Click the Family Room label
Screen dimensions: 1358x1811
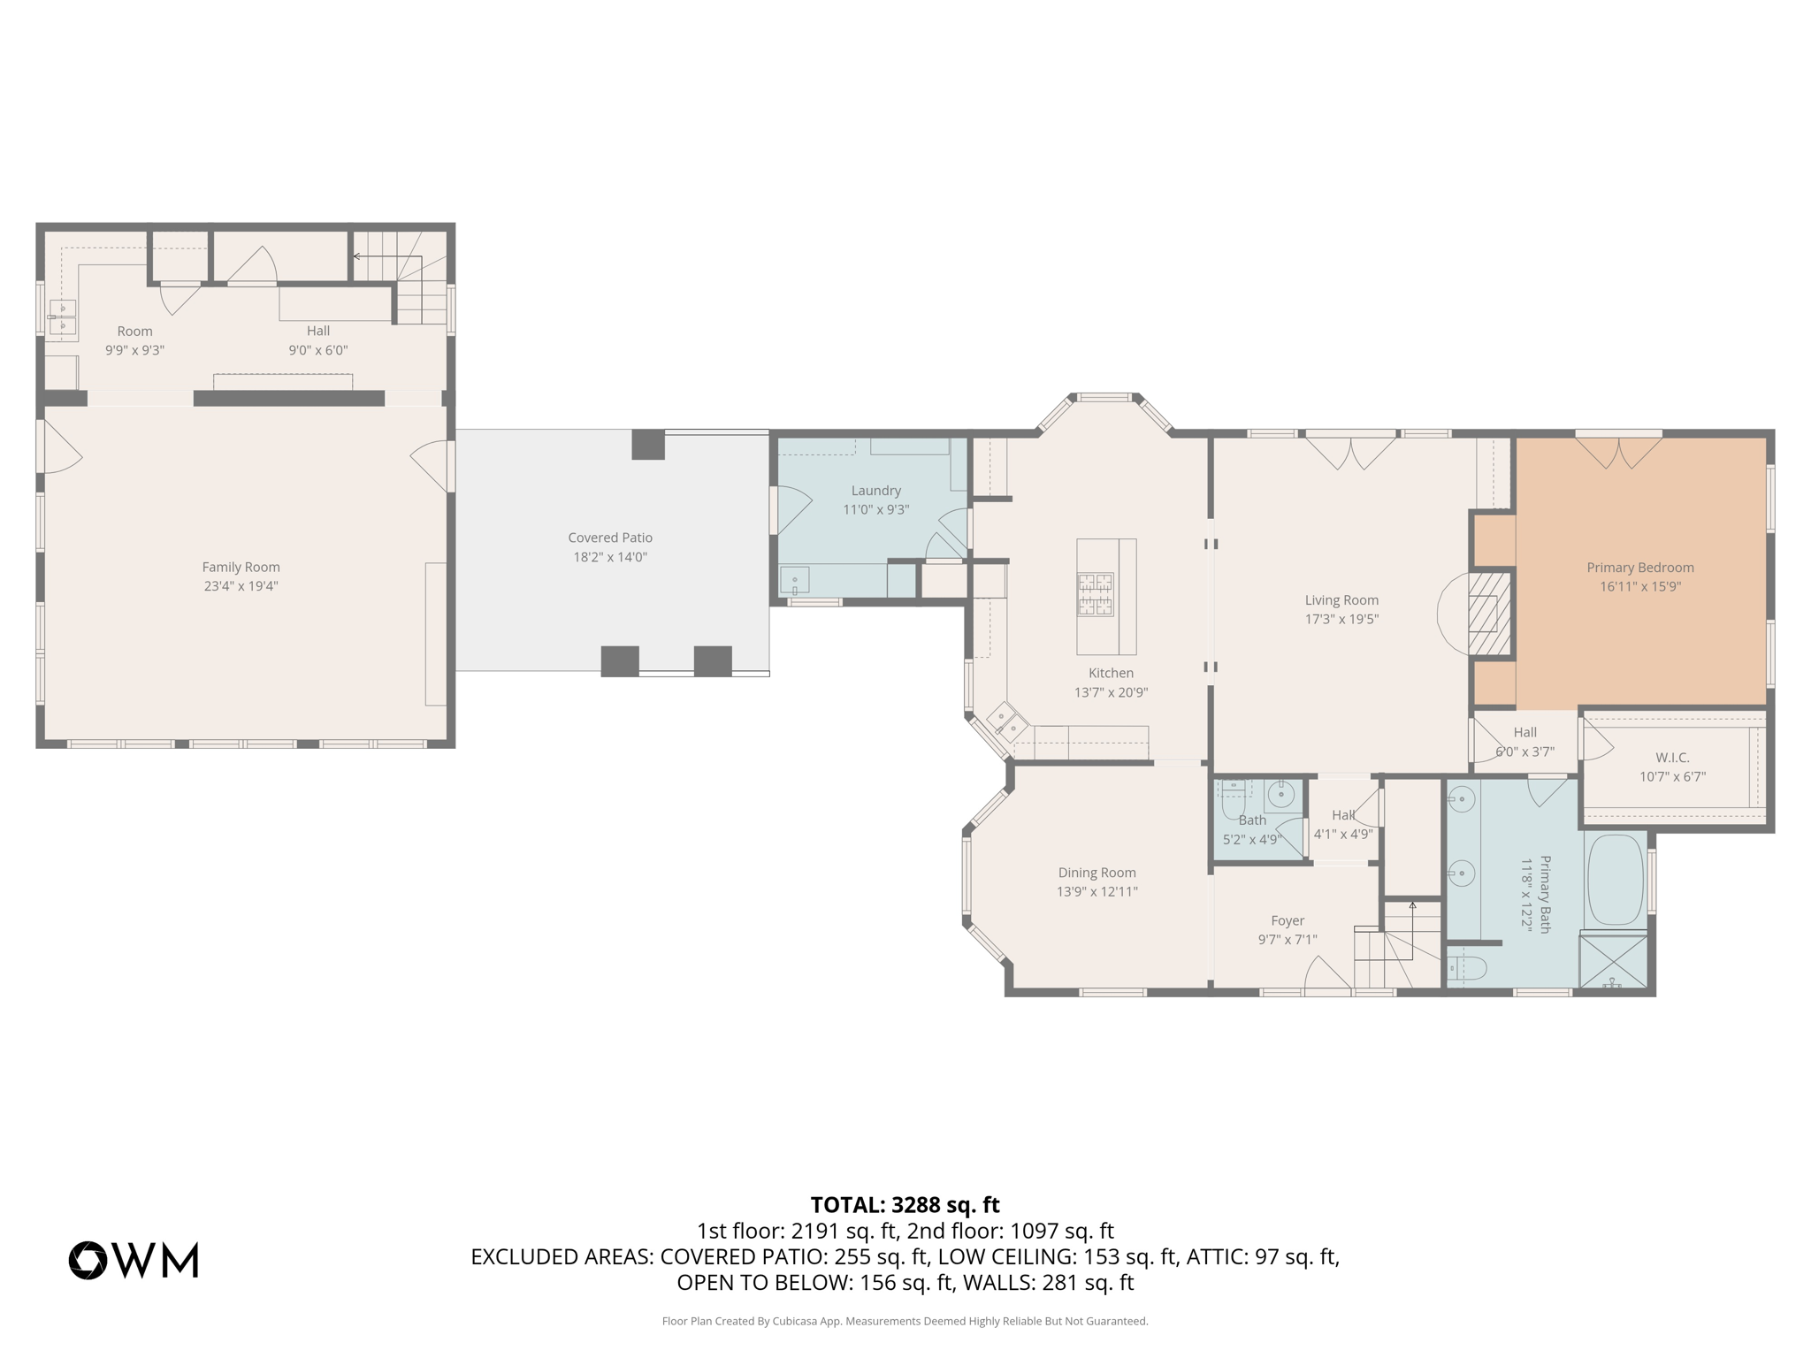[x=241, y=567]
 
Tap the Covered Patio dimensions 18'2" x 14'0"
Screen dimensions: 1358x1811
[x=610, y=557]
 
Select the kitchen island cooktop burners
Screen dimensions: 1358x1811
[x=1095, y=594]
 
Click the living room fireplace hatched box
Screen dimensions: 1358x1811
[x=1489, y=613]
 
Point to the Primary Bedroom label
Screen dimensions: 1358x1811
[x=1639, y=568]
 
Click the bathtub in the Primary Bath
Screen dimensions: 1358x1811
[x=1615, y=880]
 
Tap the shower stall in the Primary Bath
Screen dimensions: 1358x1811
[x=1614, y=961]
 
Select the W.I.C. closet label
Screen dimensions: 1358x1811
[x=1672, y=758]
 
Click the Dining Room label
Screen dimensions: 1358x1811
[x=1097, y=873]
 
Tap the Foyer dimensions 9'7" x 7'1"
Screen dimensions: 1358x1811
[x=1288, y=940]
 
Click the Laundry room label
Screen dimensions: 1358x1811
[x=875, y=491]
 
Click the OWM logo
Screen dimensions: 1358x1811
[x=134, y=1260]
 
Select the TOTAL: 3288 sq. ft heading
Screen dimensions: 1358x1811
[x=905, y=1205]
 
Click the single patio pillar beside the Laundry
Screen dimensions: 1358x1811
[x=648, y=444]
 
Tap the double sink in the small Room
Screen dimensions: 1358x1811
[x=63, y=317]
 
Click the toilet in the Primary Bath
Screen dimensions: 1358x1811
[x=1466, y=968]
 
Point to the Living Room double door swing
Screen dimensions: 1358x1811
[x=1350, y=453]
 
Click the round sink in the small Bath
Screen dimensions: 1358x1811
[x=1281, y=795]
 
